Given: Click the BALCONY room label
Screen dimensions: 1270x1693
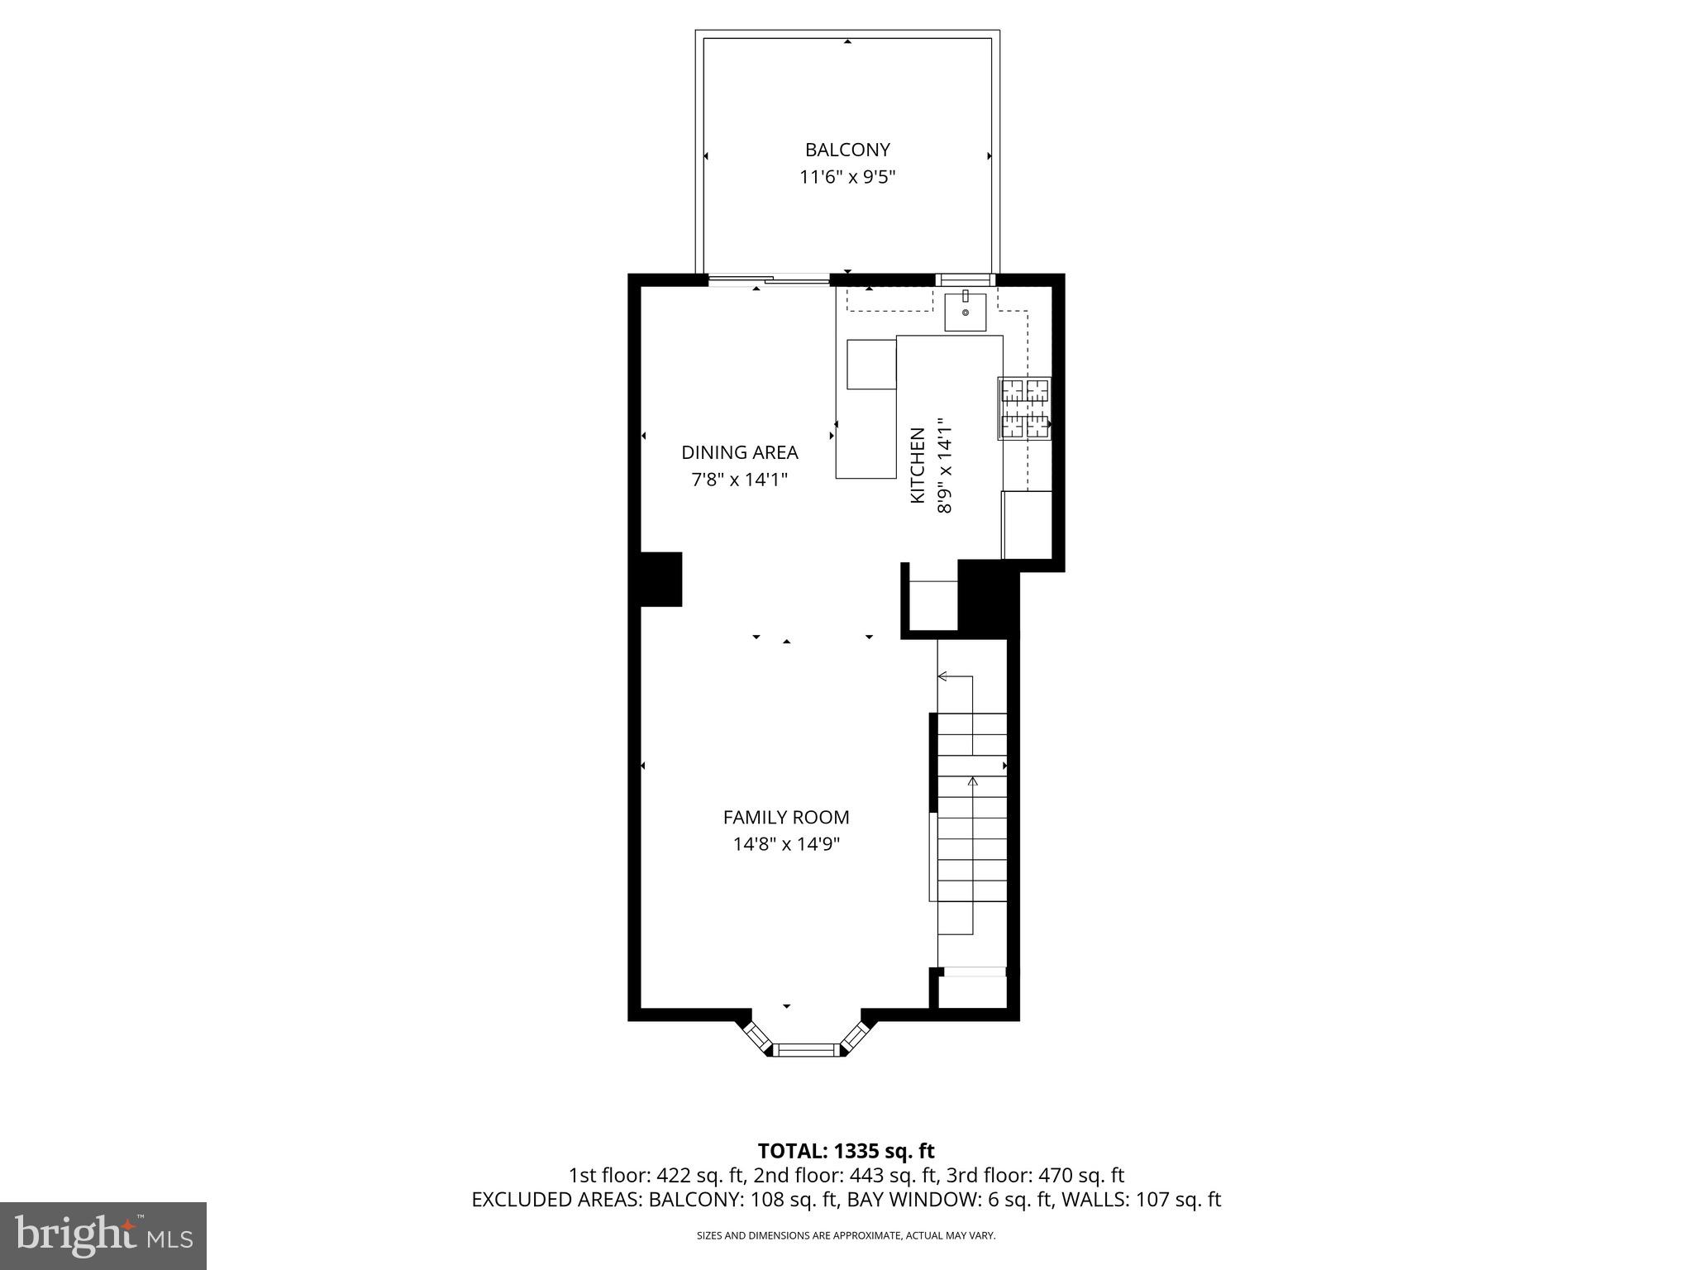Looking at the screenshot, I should pos(847,150).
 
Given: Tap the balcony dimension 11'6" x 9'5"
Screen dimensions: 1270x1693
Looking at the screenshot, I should pos(847,177).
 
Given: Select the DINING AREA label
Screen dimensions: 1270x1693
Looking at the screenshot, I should pos(739,452).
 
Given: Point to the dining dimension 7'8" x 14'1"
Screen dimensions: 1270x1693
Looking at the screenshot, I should pos(739,480).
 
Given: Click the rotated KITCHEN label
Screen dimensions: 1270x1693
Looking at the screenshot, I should pos(917,466).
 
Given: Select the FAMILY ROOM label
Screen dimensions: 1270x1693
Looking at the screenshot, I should pos(786,817).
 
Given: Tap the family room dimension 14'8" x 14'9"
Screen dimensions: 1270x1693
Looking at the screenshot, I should pos(786,844).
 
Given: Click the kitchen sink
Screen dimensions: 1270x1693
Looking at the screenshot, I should pos(966,311).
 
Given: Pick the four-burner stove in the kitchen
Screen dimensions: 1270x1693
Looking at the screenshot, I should pos(1025,408).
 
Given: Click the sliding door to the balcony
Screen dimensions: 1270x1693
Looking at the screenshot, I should pos(769,281).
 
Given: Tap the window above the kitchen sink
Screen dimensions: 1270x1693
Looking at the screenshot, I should pos(966,279).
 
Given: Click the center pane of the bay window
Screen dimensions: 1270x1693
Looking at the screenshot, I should pos(806,1050).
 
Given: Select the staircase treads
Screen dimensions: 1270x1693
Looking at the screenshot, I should pos(972,827).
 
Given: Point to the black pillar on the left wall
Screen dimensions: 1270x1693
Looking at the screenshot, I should pos(661,579).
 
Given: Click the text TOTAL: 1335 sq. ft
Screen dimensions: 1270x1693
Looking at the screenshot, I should pos(846,1151).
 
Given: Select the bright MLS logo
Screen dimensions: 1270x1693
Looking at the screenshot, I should pos(103,1235).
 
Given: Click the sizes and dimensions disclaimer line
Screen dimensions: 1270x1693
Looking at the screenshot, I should pos(846,1235).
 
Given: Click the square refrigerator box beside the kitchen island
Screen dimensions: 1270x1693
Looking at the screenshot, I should pos(871,364).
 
